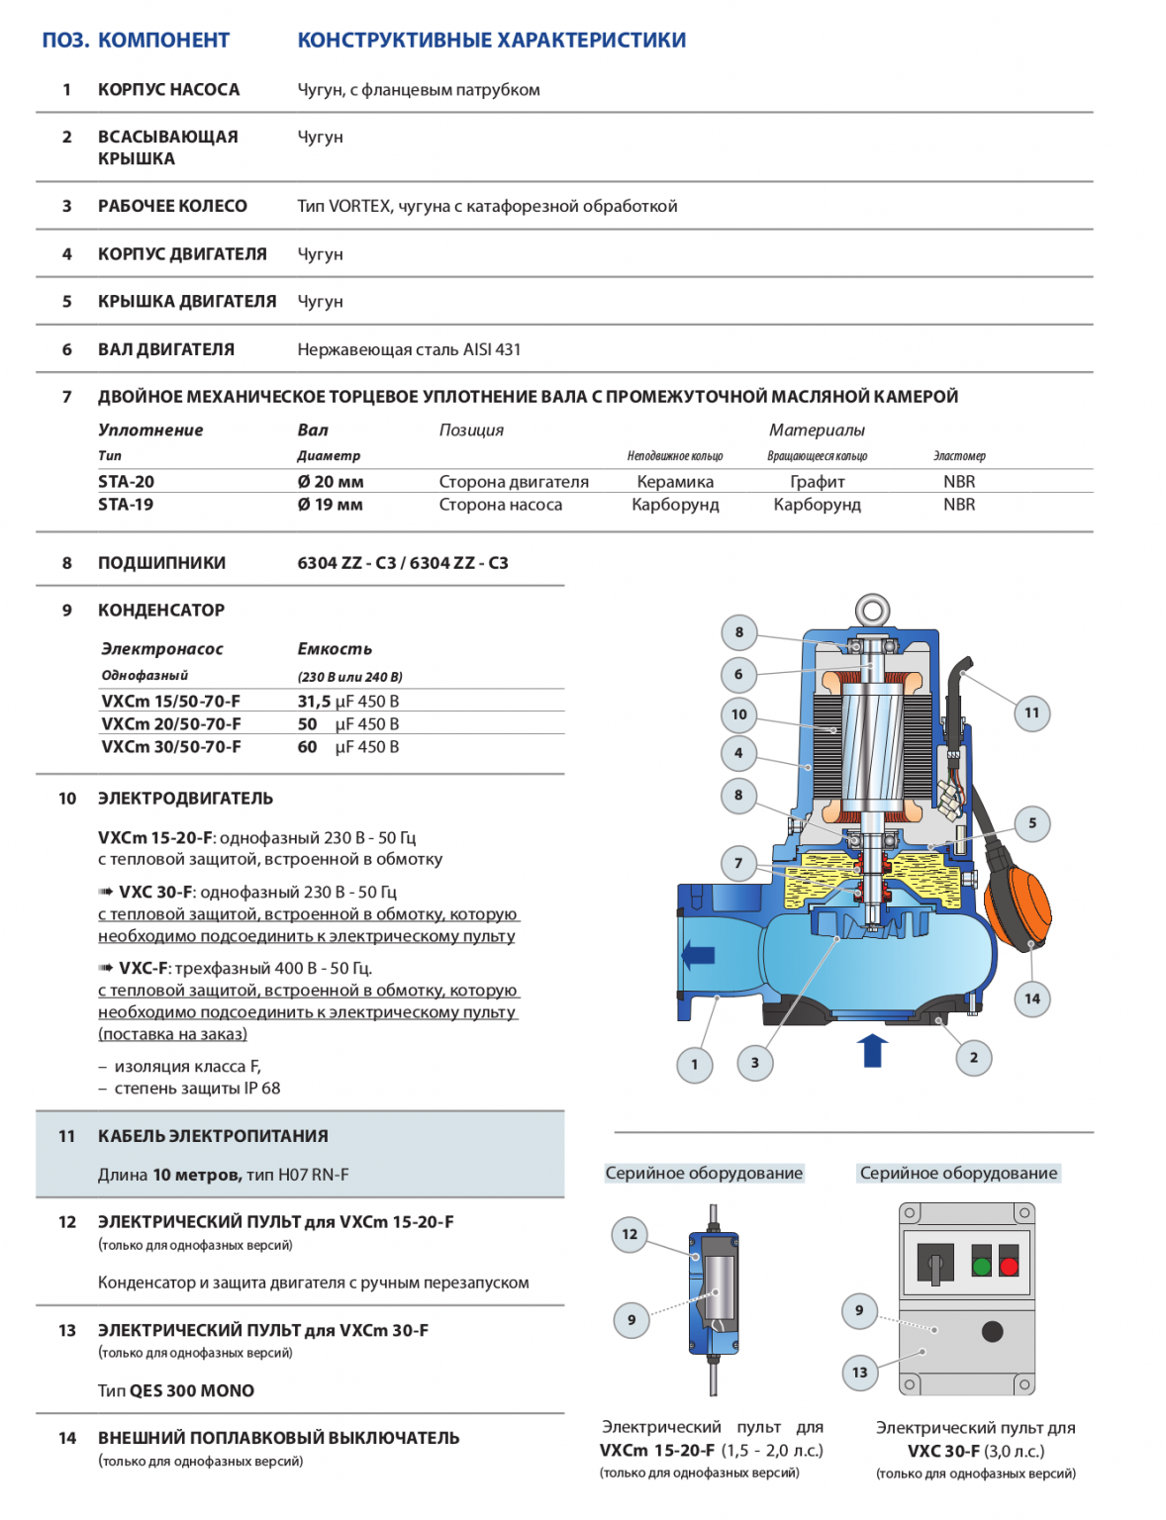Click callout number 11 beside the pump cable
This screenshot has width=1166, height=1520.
coord(1031,712)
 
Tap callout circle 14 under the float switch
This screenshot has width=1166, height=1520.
coord(1032,998)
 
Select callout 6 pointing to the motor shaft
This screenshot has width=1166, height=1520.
coord(738,675)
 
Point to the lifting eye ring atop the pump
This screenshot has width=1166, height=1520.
coord(872,608)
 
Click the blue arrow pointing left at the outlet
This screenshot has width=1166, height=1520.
coord(699,955)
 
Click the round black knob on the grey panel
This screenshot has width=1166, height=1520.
coord(992,1331)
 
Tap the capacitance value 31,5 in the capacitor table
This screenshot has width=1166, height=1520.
coord(315,702)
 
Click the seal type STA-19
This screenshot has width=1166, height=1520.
coord(126,505)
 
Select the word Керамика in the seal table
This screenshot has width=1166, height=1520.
coord(675,482)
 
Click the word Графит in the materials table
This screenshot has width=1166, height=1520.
coord(817,482)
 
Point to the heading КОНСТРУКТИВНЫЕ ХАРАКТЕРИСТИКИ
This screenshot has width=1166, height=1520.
coord(491,41)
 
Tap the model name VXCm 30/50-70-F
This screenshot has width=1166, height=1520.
coord(170,747)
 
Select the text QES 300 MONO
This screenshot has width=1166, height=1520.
coord(191,1390)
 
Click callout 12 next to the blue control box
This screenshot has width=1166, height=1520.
coord(630,1234)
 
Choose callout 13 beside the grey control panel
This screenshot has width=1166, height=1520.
coord(859,1373)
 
